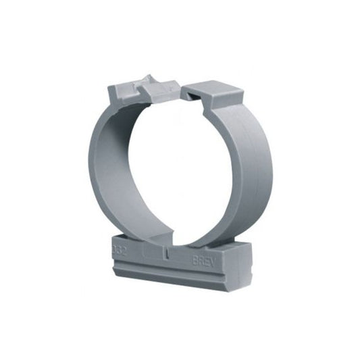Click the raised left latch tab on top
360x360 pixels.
coord(128,90)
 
